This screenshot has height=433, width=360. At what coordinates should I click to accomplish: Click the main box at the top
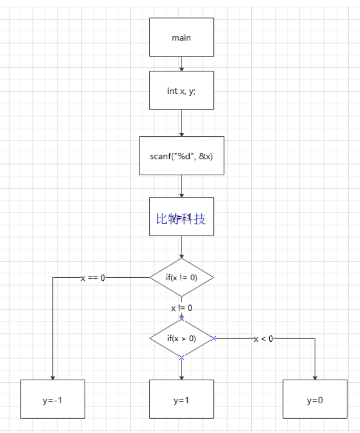[x=182, y=37]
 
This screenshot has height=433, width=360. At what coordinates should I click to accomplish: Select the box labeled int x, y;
[x=182, y=91]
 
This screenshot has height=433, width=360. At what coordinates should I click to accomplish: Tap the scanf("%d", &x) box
[x=182, y=156]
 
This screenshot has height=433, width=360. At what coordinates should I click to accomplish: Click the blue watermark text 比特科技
[x=181, y=219]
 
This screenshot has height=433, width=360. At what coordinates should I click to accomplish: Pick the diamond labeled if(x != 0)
[x=182, y=277]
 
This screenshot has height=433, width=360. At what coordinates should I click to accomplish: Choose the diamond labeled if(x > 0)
[x=182, y=338]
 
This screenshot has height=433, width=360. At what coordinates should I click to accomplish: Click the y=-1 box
[x=52, y=400]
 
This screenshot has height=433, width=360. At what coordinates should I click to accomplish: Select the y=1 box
[x=182, y=400]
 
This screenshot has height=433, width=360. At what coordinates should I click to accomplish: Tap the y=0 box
[x=315, y=400]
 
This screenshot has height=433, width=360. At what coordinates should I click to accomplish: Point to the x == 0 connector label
[x=93, y=278]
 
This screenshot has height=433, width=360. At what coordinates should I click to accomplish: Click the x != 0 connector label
[x=182, y=308]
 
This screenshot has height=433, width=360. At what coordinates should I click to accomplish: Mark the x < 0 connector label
[x=264, y=339]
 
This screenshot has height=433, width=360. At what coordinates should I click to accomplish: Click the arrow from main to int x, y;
[x=182, y=64]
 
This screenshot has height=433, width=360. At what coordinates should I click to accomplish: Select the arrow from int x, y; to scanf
[x=182, y=123]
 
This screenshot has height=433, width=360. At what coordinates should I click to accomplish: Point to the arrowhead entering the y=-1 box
[x=53, y=377]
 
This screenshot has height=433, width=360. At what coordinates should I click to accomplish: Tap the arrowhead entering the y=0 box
[x=315, y=377]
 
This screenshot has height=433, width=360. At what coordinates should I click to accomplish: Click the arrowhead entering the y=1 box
[x=182, y=377]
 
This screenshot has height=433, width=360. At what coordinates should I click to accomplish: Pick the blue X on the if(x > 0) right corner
[x=214, y=338]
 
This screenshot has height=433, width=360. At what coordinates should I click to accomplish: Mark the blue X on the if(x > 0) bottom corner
[x=182, y=358]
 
